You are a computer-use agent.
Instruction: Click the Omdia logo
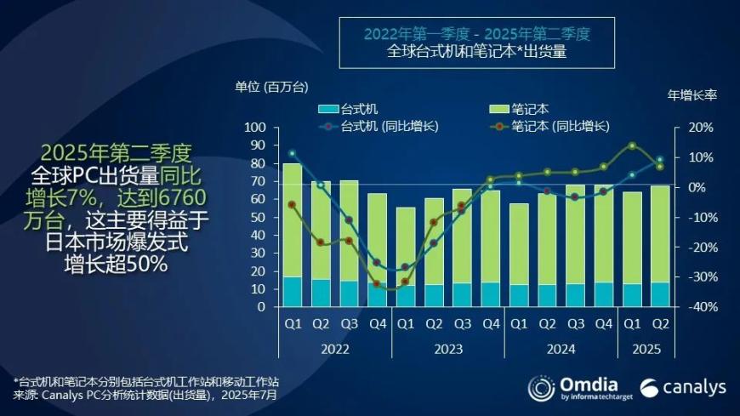point(576,387)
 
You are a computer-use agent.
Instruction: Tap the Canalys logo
point(683,388)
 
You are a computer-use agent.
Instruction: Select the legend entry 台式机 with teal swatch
point(348,109)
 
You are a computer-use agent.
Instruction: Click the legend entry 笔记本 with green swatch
point(521,109)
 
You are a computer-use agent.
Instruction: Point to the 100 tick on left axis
point(255,128)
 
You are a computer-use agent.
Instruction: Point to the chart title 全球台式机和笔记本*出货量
point(477,51)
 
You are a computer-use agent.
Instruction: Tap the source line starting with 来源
point(145,395)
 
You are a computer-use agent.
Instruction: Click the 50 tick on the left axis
point(259,218)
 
